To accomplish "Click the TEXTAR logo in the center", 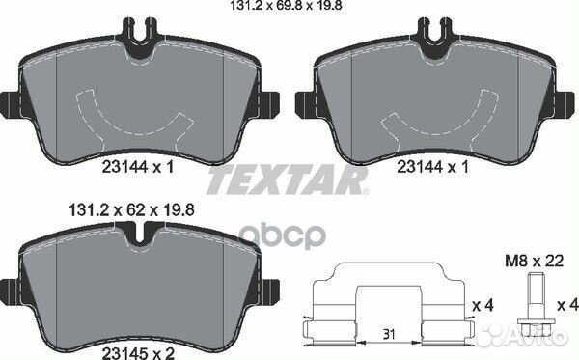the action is coord(288,180).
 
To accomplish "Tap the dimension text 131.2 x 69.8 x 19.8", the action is coord(287,6).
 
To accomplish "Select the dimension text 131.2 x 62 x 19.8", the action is coord(132,210).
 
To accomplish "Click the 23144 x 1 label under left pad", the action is coord(138,167).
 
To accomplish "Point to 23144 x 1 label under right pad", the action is coord(432,167).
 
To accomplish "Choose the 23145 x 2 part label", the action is coord(138,353).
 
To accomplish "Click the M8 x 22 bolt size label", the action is coord(535,261).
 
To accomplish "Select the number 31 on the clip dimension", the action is coord(389,335).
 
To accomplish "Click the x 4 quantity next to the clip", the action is coord(483,305).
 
